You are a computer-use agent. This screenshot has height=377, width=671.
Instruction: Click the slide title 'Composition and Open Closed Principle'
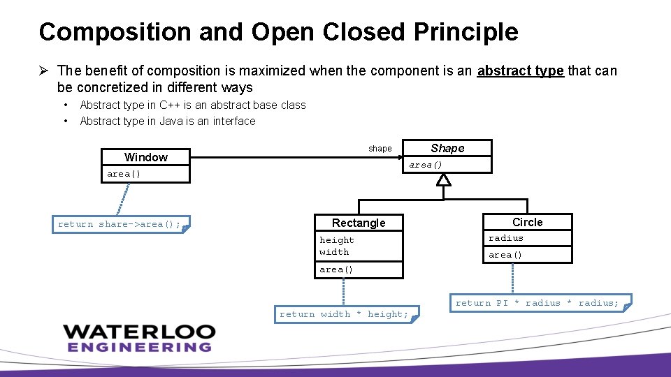click(278, 32)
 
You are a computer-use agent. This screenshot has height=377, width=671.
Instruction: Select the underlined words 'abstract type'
click(520, 71)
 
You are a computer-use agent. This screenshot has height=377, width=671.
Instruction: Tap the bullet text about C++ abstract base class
click(192, 105)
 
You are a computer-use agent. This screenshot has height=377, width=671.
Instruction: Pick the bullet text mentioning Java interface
click(167, 121)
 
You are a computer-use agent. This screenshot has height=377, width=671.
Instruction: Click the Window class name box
click(145, 157)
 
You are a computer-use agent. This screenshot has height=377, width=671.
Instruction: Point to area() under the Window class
click(124, 174)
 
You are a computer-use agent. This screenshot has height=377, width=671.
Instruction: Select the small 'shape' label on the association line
click(380, 149)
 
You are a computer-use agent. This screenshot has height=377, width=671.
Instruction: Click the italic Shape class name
click(447, 148)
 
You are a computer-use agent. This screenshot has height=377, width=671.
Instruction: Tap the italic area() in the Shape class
click(426, 165)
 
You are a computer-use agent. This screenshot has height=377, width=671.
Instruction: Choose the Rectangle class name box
click(359, 223)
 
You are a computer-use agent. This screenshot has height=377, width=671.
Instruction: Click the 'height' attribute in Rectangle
click(337, 240)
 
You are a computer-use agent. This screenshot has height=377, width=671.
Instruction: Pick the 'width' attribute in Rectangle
click(334, 252)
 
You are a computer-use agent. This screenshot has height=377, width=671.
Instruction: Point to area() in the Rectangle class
click(336, 269)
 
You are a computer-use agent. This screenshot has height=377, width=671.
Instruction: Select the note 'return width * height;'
click(344, 314)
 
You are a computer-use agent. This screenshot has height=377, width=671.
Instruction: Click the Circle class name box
click(527, 222)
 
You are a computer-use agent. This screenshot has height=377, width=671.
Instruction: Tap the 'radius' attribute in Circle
click(506, 238)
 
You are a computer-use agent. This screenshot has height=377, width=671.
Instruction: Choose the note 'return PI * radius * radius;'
click(537, 303)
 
